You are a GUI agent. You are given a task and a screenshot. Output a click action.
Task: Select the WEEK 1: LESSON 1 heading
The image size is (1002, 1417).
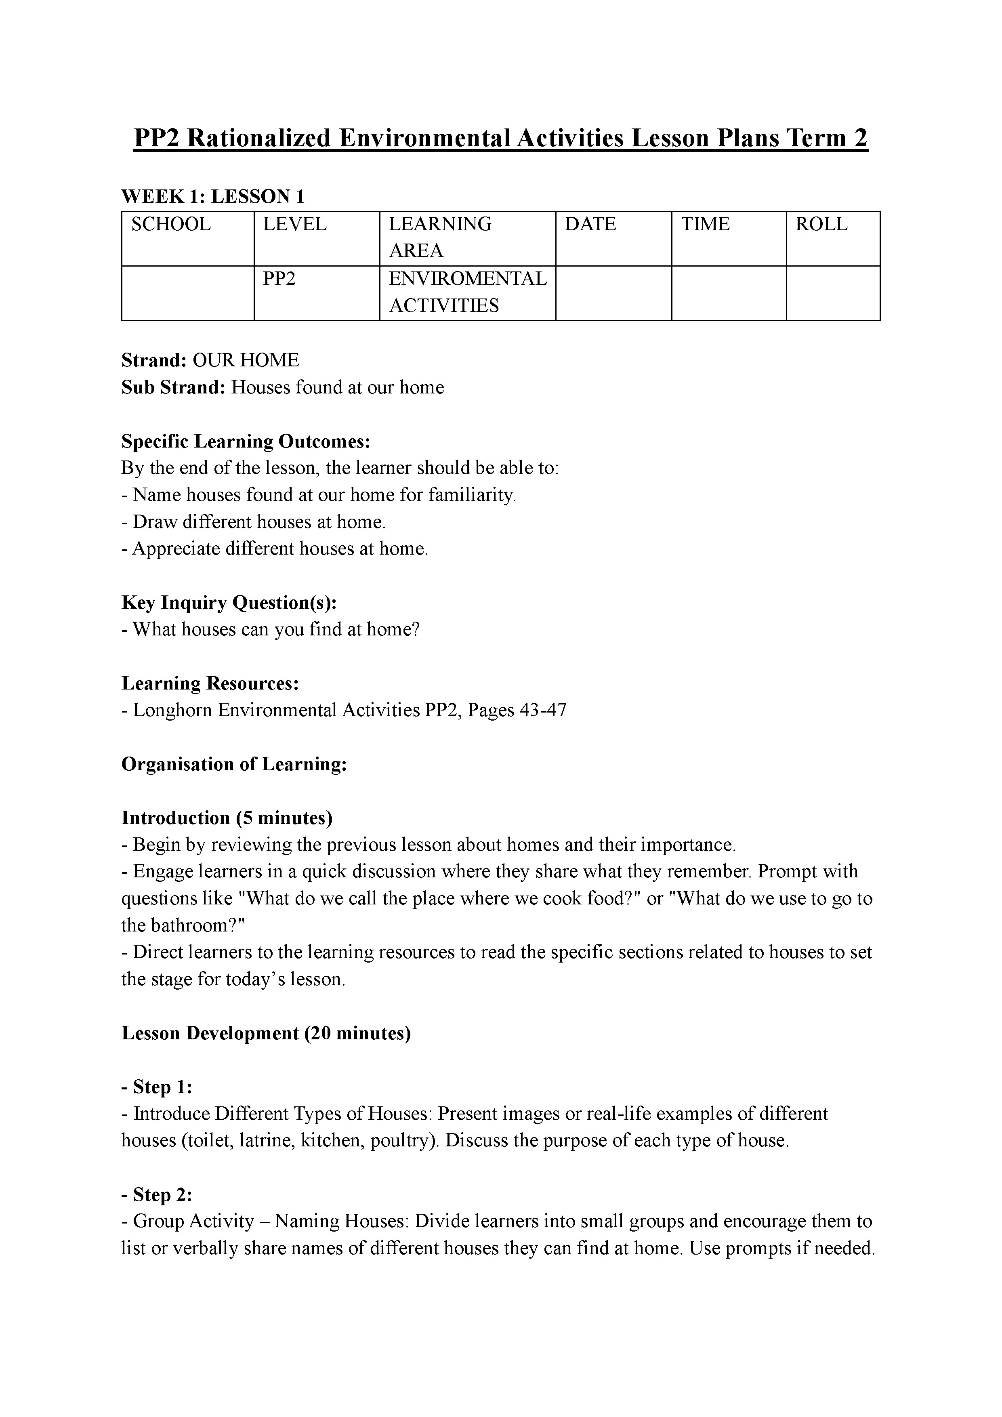[x=213, y=196]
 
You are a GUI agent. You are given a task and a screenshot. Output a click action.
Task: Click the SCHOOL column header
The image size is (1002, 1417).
[x=171, y=224]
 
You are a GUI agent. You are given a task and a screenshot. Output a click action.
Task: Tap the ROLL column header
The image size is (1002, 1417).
[x=821, y=224]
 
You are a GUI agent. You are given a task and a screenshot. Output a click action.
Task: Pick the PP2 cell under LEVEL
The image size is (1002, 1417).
[x=279, y=279]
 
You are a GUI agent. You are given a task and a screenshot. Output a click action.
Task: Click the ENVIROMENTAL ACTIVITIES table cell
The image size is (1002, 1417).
[x=467, y=292]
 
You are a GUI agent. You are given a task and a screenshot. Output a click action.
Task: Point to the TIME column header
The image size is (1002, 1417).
[x=705, y=224]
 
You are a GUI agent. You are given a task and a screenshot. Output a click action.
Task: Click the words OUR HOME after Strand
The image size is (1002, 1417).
[x=246, y=360]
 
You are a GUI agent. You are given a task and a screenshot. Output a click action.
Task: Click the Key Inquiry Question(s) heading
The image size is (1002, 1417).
[x=229, y=602]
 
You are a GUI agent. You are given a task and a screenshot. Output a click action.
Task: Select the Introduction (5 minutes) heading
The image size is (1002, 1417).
[x=227, y=818]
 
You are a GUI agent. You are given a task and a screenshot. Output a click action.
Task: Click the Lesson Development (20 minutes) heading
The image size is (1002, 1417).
[x=266, y=1033]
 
